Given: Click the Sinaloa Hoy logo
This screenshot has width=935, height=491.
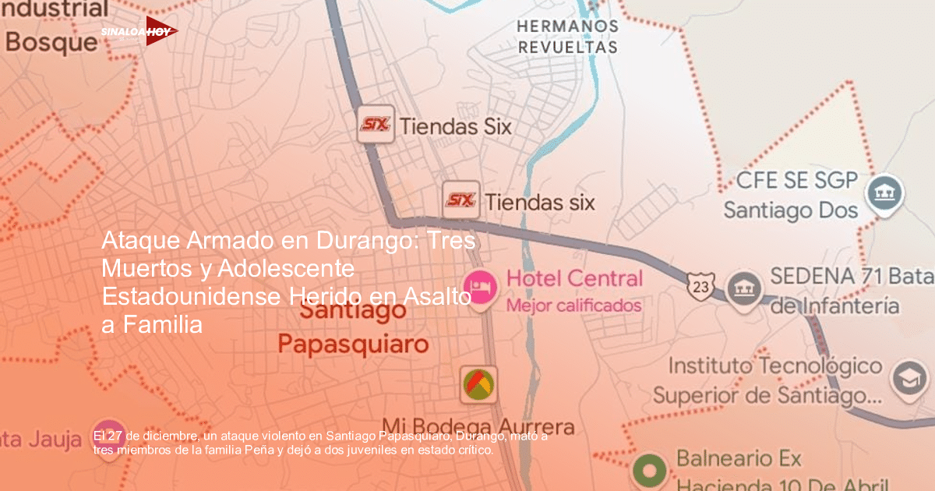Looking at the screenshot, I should point(139,31).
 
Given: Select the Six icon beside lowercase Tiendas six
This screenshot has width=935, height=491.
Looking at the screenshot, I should point(460,201).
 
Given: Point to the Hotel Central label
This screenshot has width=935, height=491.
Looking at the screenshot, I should point(574,279).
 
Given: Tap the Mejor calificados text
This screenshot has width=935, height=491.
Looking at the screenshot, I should point(573,306).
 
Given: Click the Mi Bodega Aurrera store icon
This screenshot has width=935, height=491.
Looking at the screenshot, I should point(478,384).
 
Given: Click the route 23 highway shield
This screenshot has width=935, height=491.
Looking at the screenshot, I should point(700,286).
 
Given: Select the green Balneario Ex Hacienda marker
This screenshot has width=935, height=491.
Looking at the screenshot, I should point(649,471).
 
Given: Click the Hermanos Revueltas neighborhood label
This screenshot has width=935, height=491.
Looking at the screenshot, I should point(567,37).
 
